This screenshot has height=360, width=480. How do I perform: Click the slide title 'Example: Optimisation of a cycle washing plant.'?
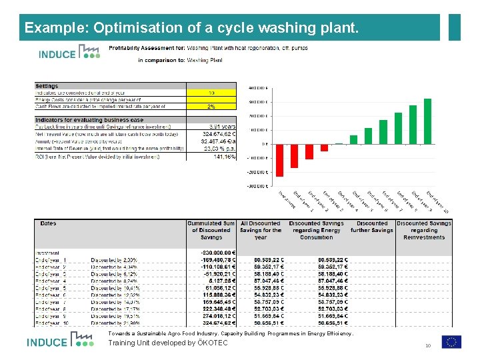tap(191, 28)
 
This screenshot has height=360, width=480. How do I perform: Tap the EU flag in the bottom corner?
tap(451, 342)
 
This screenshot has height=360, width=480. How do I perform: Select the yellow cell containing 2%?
tap(211, 107)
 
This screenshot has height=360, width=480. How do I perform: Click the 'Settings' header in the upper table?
tap(47, 86)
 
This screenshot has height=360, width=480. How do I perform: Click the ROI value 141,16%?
tap(223, 157)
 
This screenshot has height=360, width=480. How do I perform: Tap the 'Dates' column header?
tap(49, 223)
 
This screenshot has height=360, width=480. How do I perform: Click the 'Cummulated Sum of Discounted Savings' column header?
tap(211, 230)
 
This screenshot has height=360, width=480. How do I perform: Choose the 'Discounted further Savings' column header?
tap(372, 227)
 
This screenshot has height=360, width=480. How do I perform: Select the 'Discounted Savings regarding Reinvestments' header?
tap(423, 230)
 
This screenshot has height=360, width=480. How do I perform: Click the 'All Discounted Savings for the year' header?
tap(261, 230)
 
